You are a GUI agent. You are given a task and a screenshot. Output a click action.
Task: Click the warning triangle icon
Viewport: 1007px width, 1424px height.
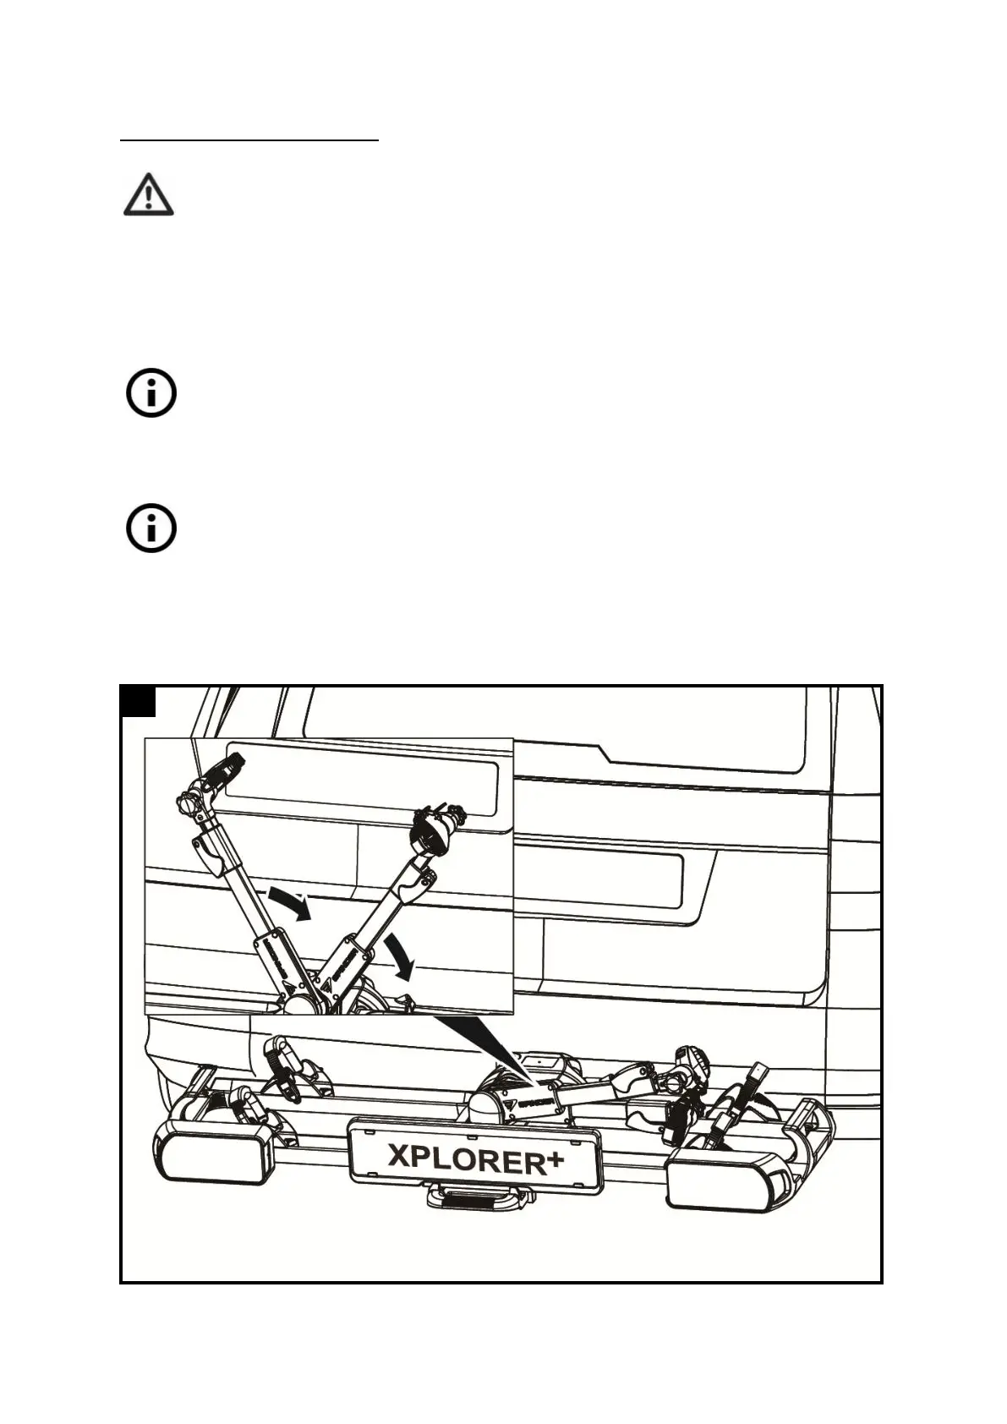[149, 196]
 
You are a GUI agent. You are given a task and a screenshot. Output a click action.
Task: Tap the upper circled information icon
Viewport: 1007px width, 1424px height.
[151, 393]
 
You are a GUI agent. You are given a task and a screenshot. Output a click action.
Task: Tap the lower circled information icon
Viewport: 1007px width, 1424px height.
[151, 530]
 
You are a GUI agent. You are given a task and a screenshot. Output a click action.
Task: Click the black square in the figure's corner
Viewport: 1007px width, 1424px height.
[138, 702]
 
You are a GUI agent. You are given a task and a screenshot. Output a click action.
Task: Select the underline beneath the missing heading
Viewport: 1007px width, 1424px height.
[249, 141]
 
